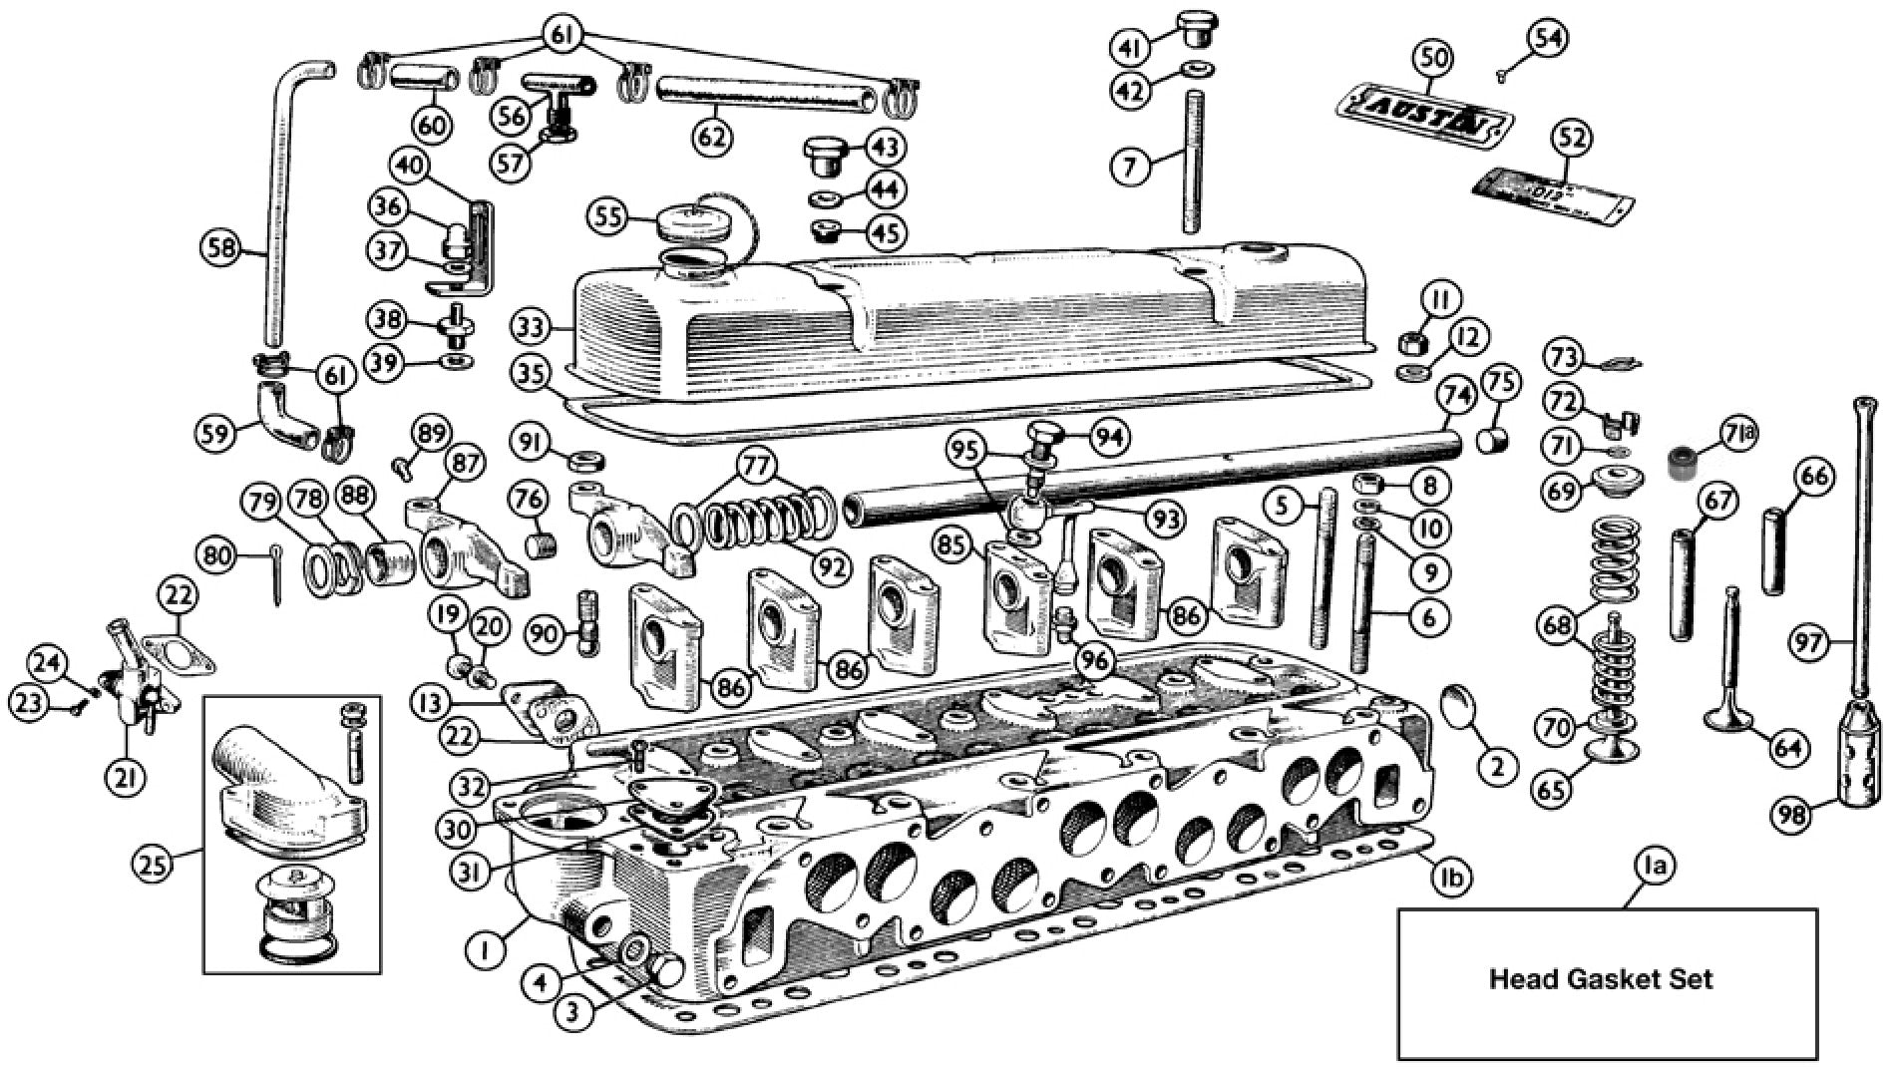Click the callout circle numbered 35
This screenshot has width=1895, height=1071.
tap(534, 375)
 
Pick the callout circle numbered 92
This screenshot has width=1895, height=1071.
tap(831, 566)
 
